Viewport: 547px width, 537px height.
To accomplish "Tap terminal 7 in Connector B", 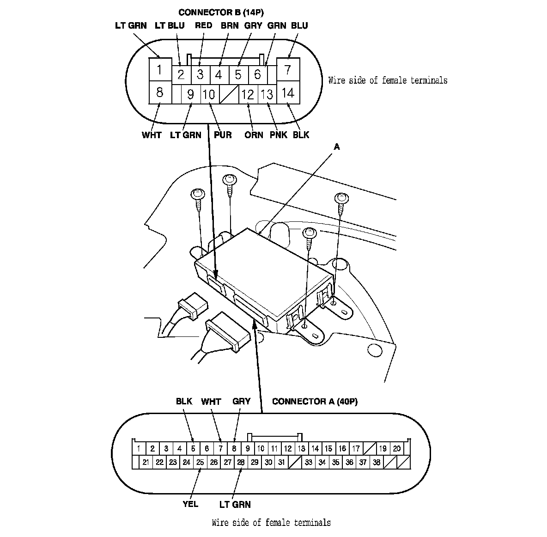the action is click(x=288, y=70).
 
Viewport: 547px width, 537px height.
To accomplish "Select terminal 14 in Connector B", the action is click(x=288, y=93).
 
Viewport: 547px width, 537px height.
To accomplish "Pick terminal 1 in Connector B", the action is click(x=160, y=70).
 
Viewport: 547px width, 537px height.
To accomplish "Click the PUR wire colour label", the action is click(x=223, y=135).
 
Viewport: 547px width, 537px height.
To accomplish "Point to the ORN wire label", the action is click(x=254, y=135).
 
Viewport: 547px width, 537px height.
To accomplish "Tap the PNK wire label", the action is click(x=279, y=135).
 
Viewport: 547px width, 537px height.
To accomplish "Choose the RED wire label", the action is click(x=203, y=25).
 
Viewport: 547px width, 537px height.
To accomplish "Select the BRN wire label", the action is click(x=230, y=25).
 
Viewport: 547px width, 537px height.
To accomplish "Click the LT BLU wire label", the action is click(x=170, y=25).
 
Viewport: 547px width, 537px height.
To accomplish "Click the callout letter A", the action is click(x=337, y=147).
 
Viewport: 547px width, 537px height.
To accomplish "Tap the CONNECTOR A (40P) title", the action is click(x=315, y=402).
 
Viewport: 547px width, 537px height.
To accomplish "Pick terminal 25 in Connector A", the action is click(x=200, y=462).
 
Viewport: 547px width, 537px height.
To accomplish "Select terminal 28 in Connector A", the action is click(x=241, y=462).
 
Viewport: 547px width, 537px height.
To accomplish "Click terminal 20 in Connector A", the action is click(x=396, y=448).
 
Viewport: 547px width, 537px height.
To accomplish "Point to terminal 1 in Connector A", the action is click(x=139, y=448).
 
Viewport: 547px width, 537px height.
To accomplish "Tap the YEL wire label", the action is click(x=190, y=504).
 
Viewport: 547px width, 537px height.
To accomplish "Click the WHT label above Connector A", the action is click(x=211, y=402).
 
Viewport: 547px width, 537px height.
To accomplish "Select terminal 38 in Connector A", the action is click(x=377, y=462).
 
